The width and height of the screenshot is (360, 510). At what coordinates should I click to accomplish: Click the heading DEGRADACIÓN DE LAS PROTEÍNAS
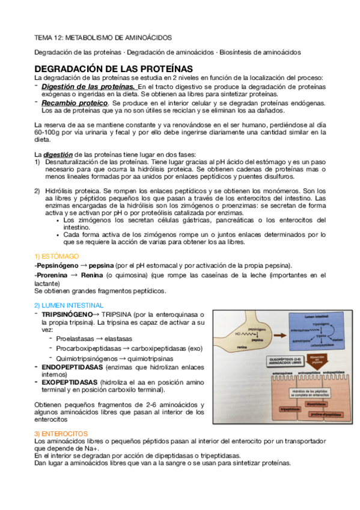click(113, 69)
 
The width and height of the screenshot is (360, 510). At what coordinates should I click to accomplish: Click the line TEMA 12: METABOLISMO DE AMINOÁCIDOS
click(102, 37)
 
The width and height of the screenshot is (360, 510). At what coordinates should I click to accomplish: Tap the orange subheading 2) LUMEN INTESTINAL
click(69, 305)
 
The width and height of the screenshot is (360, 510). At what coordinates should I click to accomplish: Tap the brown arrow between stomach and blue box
click(276, 332)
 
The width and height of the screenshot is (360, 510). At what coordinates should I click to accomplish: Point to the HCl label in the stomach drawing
click(238, 333)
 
